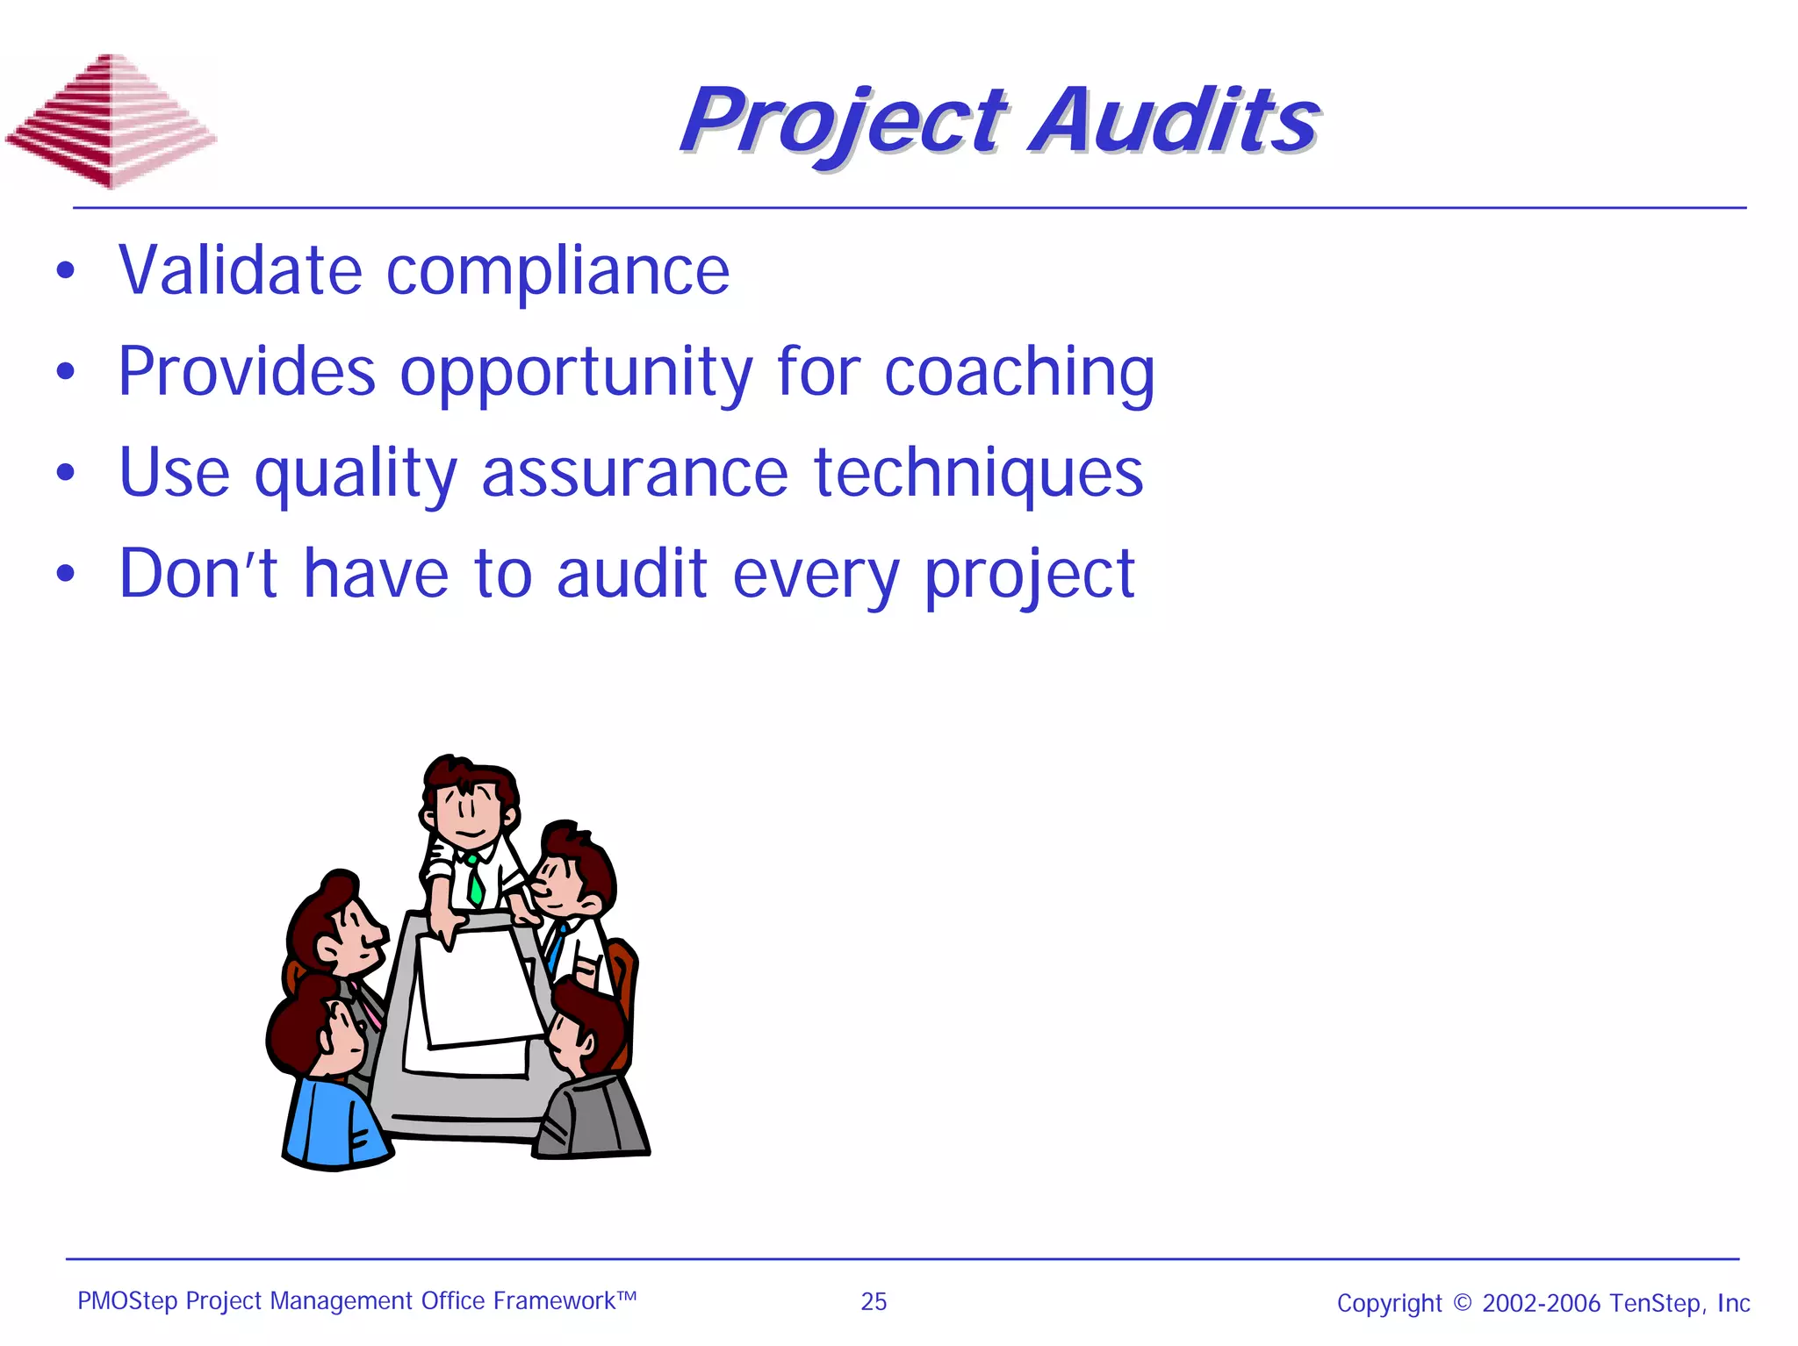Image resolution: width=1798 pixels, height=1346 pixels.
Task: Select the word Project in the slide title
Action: (x=843, y=123)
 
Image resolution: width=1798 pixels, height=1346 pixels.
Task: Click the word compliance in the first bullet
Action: (x=557, y=270)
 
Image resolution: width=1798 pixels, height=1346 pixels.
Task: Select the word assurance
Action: (x=635, y=473)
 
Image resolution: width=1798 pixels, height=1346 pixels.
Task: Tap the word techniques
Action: (x=978, y=475)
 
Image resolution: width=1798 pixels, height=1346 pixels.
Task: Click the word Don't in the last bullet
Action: (x=198, y=574)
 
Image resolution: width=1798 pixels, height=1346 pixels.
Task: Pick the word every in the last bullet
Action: (x=816, y=576)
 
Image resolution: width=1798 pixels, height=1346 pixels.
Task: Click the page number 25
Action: (x=874, y=1301)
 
